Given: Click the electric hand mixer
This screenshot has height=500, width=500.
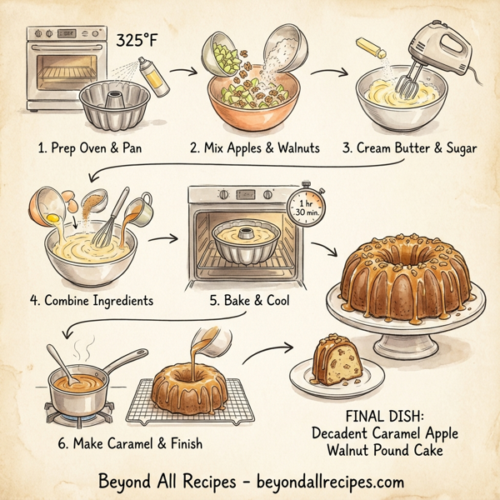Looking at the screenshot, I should [426, 50].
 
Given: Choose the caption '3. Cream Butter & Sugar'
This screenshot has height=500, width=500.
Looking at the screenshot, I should [410, 149].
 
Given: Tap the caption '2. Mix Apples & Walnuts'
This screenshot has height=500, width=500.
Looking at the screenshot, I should [256, 149].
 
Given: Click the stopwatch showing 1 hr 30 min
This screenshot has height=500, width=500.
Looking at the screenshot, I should [305, 206].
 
